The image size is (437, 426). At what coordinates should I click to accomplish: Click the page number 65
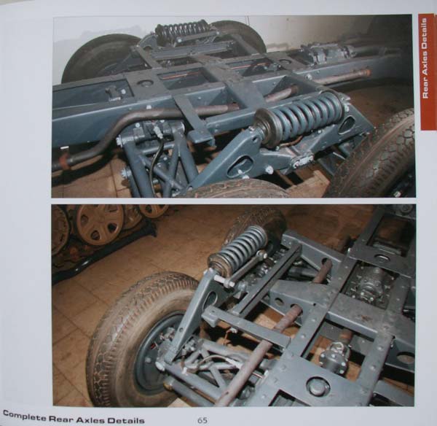pos(202,420)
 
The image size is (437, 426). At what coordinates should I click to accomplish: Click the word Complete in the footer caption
pos(24,416)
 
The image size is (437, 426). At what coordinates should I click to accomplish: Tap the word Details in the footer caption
pos(126,420)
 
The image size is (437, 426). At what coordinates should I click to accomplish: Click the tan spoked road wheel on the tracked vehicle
pos(99,225)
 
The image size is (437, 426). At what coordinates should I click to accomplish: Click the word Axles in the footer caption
pos(90,419)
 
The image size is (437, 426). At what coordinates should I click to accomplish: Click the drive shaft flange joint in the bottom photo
pos(334,353)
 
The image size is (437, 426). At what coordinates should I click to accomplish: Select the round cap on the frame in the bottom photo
pos(318,387)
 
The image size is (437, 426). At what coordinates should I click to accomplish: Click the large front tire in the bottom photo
pos(139,341)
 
